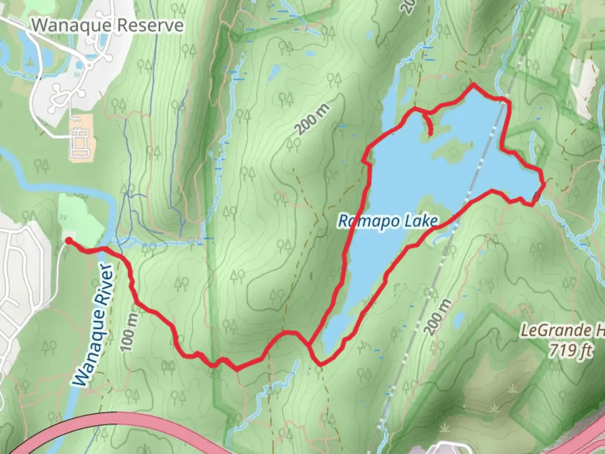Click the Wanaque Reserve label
(x=108, y=25)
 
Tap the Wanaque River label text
(x=93, y=326)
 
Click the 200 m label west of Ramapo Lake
(x=312, y=120)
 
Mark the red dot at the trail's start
(x=68, y=240)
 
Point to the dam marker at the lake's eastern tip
(x=536, y=196)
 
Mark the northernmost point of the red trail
(x=473, y=85)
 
